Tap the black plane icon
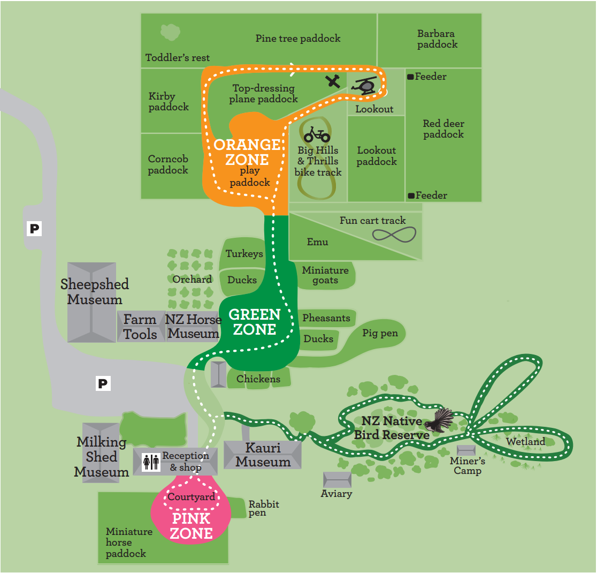tap(334, 81)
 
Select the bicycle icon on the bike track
tap(317, 134)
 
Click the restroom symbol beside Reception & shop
tap(151, 462)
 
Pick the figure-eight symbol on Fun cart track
tap(394, 234)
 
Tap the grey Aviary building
tap(337, 480)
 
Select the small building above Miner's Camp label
tap(466, 450)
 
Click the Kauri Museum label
tap(263, 455)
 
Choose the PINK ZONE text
tap(192, 526)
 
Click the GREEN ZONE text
tap(255, 322)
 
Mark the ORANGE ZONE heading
tap(247, 152)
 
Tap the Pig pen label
tap(380, 333)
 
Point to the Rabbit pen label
tap(264, 508)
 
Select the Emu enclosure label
tap(317, 242)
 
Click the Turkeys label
tap(244, 254)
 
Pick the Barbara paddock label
tap(437, 39)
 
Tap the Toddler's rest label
tap(178, 58)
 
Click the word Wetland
tap(525, 442)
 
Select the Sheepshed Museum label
tap(94, 291)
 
